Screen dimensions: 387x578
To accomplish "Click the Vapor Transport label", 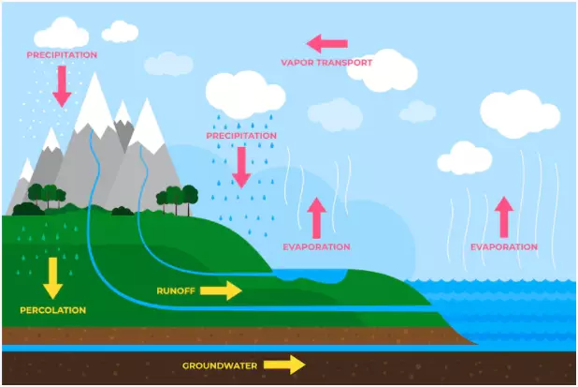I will [326, 63].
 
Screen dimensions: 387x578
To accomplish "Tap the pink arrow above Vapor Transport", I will [327, 43].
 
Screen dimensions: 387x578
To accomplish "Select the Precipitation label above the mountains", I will [62, 55].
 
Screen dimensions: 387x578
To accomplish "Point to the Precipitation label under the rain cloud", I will [241, 136].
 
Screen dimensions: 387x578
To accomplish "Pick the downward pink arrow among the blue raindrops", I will [241, 166].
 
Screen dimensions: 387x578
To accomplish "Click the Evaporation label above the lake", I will [316, 247].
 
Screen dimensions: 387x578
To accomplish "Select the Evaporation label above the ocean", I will [503, 247].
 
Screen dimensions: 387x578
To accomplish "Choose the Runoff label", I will [176, 290].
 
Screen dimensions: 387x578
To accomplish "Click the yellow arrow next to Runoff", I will [222, 290].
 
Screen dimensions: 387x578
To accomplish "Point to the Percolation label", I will [52, 309].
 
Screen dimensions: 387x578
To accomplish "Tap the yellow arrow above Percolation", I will [52, 277].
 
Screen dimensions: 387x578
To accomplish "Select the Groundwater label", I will [219, 365].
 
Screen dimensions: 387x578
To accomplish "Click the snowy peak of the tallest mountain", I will [97, 98].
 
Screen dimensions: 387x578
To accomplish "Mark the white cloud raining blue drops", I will [244, 94].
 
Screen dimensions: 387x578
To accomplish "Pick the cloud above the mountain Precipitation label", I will [63, 32].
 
